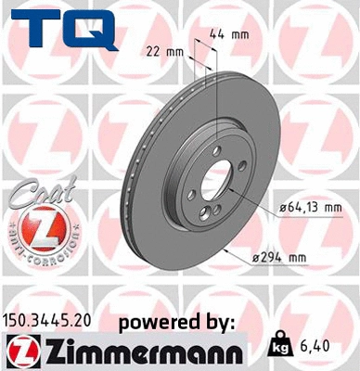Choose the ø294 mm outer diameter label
[306, 257]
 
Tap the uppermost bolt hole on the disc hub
[215, 149]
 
